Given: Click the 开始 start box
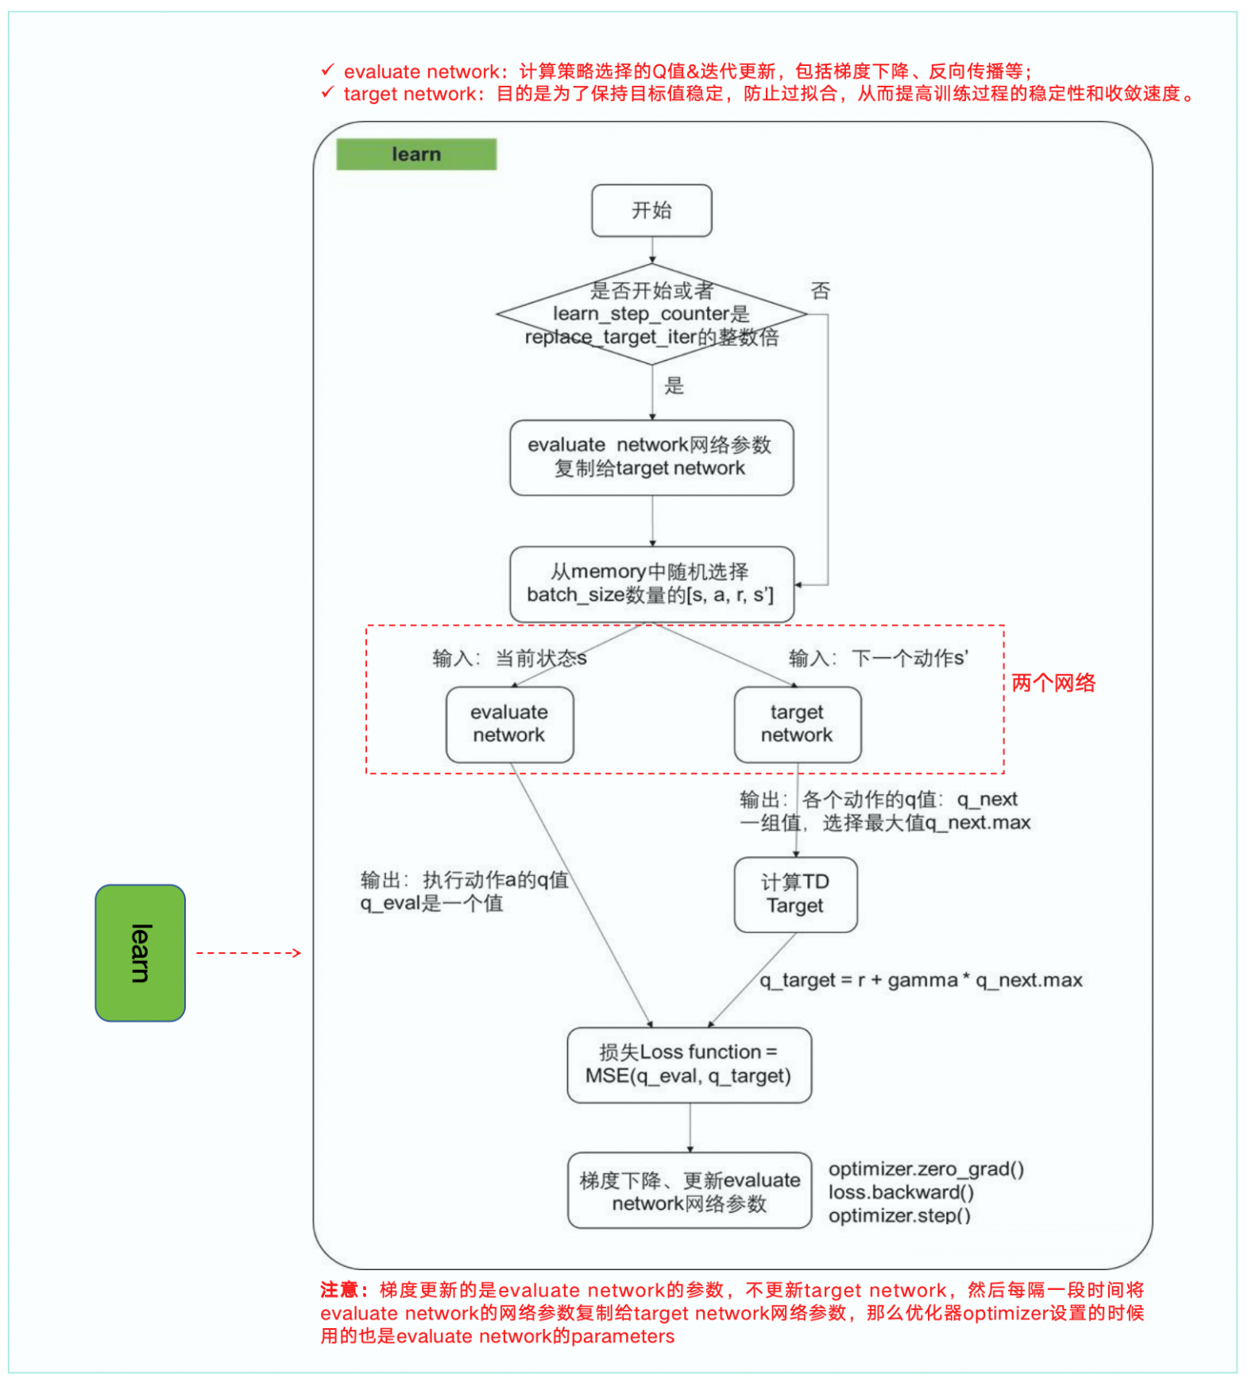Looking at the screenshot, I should [x=651, y=211].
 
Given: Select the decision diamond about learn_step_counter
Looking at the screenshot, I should [x=651, y=314].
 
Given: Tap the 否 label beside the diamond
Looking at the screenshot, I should [x=820, y=291].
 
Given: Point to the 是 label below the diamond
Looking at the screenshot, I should [x=674, y=386].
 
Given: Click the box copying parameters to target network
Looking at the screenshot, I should [x=651, y=458].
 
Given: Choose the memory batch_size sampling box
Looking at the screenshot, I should [x=651, y=584].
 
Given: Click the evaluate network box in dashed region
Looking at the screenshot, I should [x=509, y=724].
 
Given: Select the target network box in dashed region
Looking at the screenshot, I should [x=797, y=724].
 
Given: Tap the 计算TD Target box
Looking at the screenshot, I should [x=795, y=894].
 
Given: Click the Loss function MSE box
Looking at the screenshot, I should [x=689, y=1064].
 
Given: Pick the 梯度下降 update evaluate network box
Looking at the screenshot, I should [x=689, y=1191].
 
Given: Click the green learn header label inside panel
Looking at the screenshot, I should [x=416, y=154].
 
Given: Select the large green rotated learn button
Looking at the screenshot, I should [x=140, y=953].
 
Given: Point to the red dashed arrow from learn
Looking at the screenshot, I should [x=248, y=953].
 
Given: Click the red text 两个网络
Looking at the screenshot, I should [x=1053, y=683].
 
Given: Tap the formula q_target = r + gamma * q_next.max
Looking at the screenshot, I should [x=920, y=981].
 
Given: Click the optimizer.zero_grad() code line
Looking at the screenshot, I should [x=925, y=1169].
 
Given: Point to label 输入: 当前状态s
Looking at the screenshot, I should [x=509, y=658].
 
